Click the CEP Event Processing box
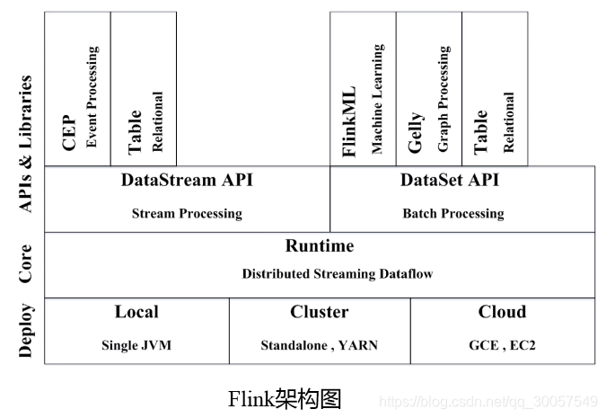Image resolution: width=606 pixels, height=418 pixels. pyautogui.click(x=77, y=90)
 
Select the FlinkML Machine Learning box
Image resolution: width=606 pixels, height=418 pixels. pyautogui.click(x=363, y=90)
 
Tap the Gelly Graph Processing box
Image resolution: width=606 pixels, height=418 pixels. pyautogui.click(x=428, y=90)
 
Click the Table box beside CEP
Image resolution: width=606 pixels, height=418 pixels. pyautogui.click(x=144, y=90)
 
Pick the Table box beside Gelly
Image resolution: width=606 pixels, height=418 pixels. pyautogui.click(x=495, y=90)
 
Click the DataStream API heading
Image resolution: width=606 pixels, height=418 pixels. pyautogui.click(x=187, y=181)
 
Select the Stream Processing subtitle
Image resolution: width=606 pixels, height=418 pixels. pyautogui.click(x=187, y=214)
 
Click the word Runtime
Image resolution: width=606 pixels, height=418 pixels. pyautogui.click(x=320, y=246)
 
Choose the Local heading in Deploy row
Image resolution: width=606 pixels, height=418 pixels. pyautogui.click(x=136, y=312)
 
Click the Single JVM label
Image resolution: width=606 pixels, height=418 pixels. pyautogui.click(x=136, y=345)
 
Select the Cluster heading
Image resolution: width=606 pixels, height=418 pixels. pyautogui.click(x=319, y=312)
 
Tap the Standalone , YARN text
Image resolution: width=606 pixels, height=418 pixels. pyautogui.click(x=319, y=345)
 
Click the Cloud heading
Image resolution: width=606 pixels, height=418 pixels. pyautogui.click(x=502, y=312)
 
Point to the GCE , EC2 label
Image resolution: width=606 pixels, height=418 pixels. pyautogui.click(x=502, y=345)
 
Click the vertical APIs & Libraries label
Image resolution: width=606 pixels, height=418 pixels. pyautogui.click(x=25, y=144)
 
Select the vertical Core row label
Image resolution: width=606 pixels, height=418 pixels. pyautogui.click(x=25, y=264)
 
